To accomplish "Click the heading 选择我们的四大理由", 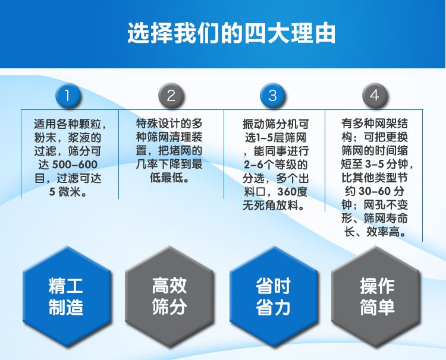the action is pyautogui.click(x=231, y=33).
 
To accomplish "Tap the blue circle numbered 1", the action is pyautogui.click(x=67, y=96).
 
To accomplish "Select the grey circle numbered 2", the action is pyautogui.click(x=171, y=96).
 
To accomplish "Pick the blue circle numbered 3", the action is pyautogui.click(x=272, y=96).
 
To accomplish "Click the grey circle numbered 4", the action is pyautogui.click(x=374, y=96).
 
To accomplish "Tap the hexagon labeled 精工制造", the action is pyautogui.click(x=66, y=296).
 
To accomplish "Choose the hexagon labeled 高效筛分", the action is pyautogui.click(x=169, y=296).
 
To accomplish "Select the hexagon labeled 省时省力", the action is pyautogui.click(x=274, y=296).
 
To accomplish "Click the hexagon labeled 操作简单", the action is pyautogui.click(x=376, y=296).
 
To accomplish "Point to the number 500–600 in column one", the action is pyautogui.click(x=75, y=165).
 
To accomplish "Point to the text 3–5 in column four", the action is pyautogui.click(x=375, y=164).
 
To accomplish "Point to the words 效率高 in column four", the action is pyautogui.click(x=382, y=232).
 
